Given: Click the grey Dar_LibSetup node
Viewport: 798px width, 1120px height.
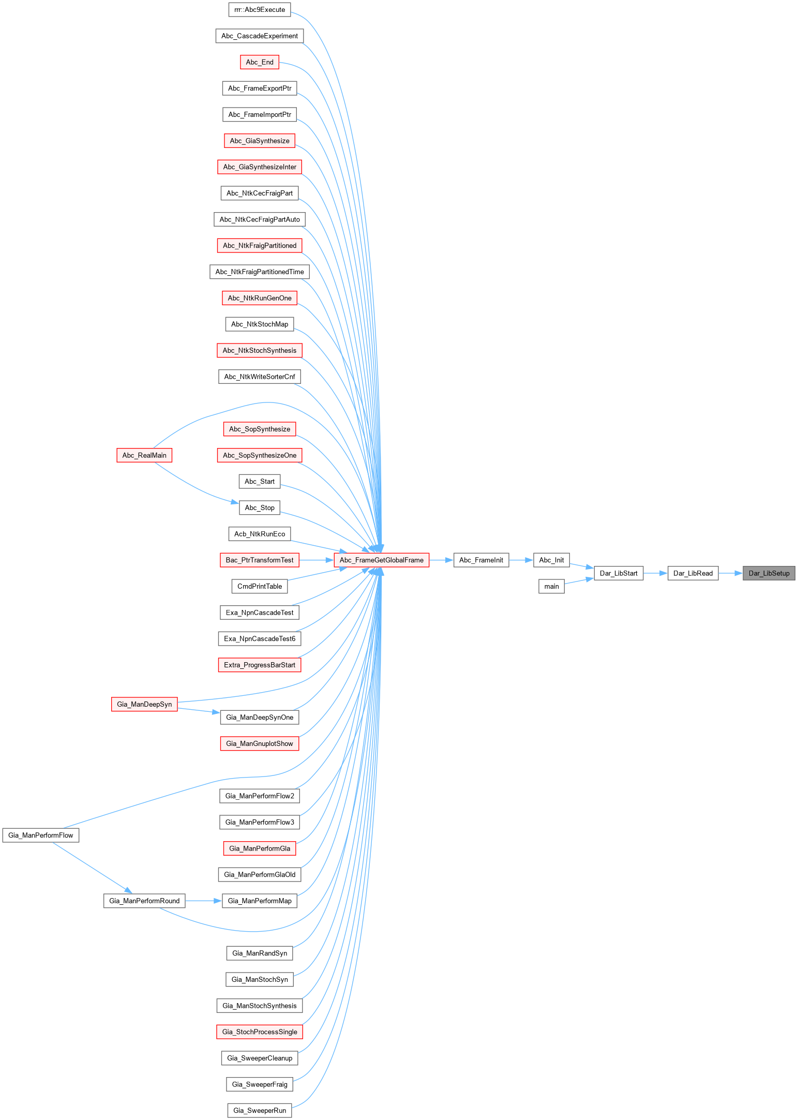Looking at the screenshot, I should pos(769,573).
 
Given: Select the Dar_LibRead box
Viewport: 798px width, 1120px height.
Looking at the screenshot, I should pos(692,573).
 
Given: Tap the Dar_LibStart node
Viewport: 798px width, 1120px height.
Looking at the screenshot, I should pos(618,573).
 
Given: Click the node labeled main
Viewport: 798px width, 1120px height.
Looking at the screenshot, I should pos(551,586).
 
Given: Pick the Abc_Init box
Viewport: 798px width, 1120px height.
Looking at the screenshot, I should pos(551,560).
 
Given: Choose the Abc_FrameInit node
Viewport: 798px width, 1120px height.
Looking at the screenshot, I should pos(481,560).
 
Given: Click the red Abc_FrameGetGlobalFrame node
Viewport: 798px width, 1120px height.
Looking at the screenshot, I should pos(381,560).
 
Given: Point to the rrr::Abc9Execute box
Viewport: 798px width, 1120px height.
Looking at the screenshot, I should pos(260,9).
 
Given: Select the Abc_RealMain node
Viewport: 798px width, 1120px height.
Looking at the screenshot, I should pos(144,455).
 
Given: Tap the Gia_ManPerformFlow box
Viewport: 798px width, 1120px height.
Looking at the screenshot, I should pos(41,835).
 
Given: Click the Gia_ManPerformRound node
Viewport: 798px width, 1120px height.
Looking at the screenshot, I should pos(144,901).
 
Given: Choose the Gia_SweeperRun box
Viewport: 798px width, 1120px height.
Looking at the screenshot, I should pos(260,1110).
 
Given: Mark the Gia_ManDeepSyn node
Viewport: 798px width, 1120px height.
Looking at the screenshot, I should pos(144,704).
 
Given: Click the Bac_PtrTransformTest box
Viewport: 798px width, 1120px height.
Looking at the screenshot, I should pos(260,560).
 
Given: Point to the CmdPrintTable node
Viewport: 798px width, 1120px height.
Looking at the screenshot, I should pos(260,586).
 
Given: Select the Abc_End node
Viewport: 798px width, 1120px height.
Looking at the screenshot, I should pos(260,62).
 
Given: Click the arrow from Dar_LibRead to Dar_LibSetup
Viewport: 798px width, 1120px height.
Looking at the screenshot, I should pos(730,573).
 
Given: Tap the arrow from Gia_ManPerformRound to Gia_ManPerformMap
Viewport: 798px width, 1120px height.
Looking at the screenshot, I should pos(203,901).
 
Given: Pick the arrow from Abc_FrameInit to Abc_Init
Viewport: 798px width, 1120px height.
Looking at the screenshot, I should pos(521,560).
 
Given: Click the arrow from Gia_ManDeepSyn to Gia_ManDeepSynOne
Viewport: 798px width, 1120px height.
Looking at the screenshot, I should pos(199,710).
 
